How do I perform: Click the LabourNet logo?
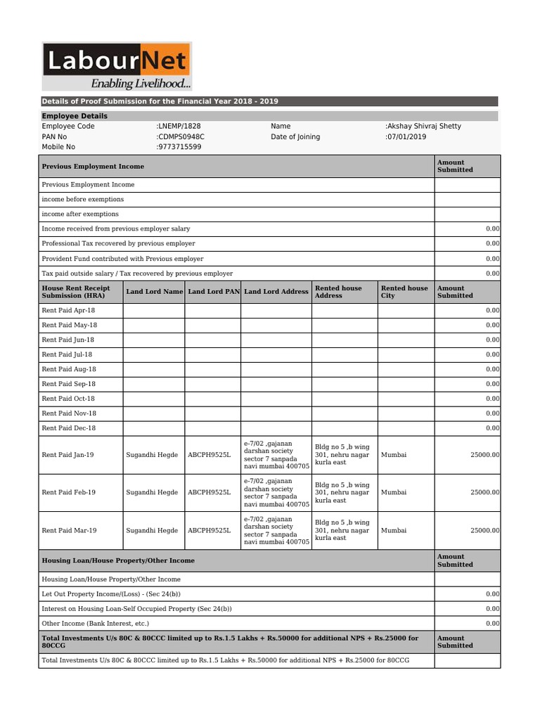click(x=116, y=60)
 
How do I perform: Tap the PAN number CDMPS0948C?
click(x=181, y=137)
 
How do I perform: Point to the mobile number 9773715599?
click(x=179, y=147)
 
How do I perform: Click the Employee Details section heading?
click(x=75, y=116)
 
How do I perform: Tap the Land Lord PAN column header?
click(x=214, y=292)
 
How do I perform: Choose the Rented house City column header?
click(x=404, y=292)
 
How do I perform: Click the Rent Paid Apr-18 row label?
click(x=68, y=310)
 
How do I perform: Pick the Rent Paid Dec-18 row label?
click(x=68, y=428)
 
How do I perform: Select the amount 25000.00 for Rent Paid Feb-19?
click(x=484, y=493)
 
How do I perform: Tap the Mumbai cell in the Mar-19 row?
click(x=393, y=531)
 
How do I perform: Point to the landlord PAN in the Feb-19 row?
click(x=209, y=493)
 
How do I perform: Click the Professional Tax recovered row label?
click(x=118, y=243)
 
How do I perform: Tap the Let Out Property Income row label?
click(x=111, y=594)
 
